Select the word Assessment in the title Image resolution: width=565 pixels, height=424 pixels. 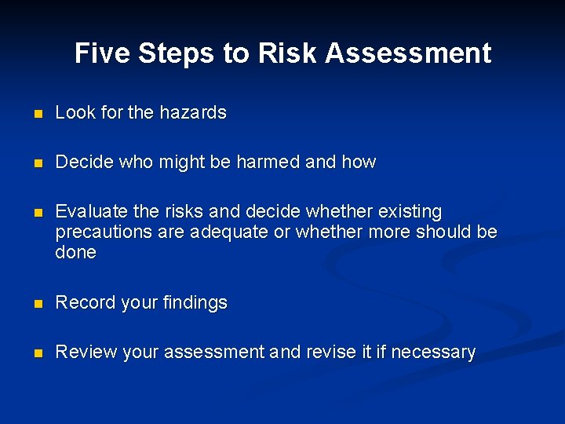coord(408,53)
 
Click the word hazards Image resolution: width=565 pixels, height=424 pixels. coord(192,113)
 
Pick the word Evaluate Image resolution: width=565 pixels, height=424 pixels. coord(88,212)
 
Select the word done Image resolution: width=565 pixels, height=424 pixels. coord(75,253)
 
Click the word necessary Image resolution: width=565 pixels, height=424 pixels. coord(433,353)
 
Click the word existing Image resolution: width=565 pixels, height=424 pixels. coord(410,212)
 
